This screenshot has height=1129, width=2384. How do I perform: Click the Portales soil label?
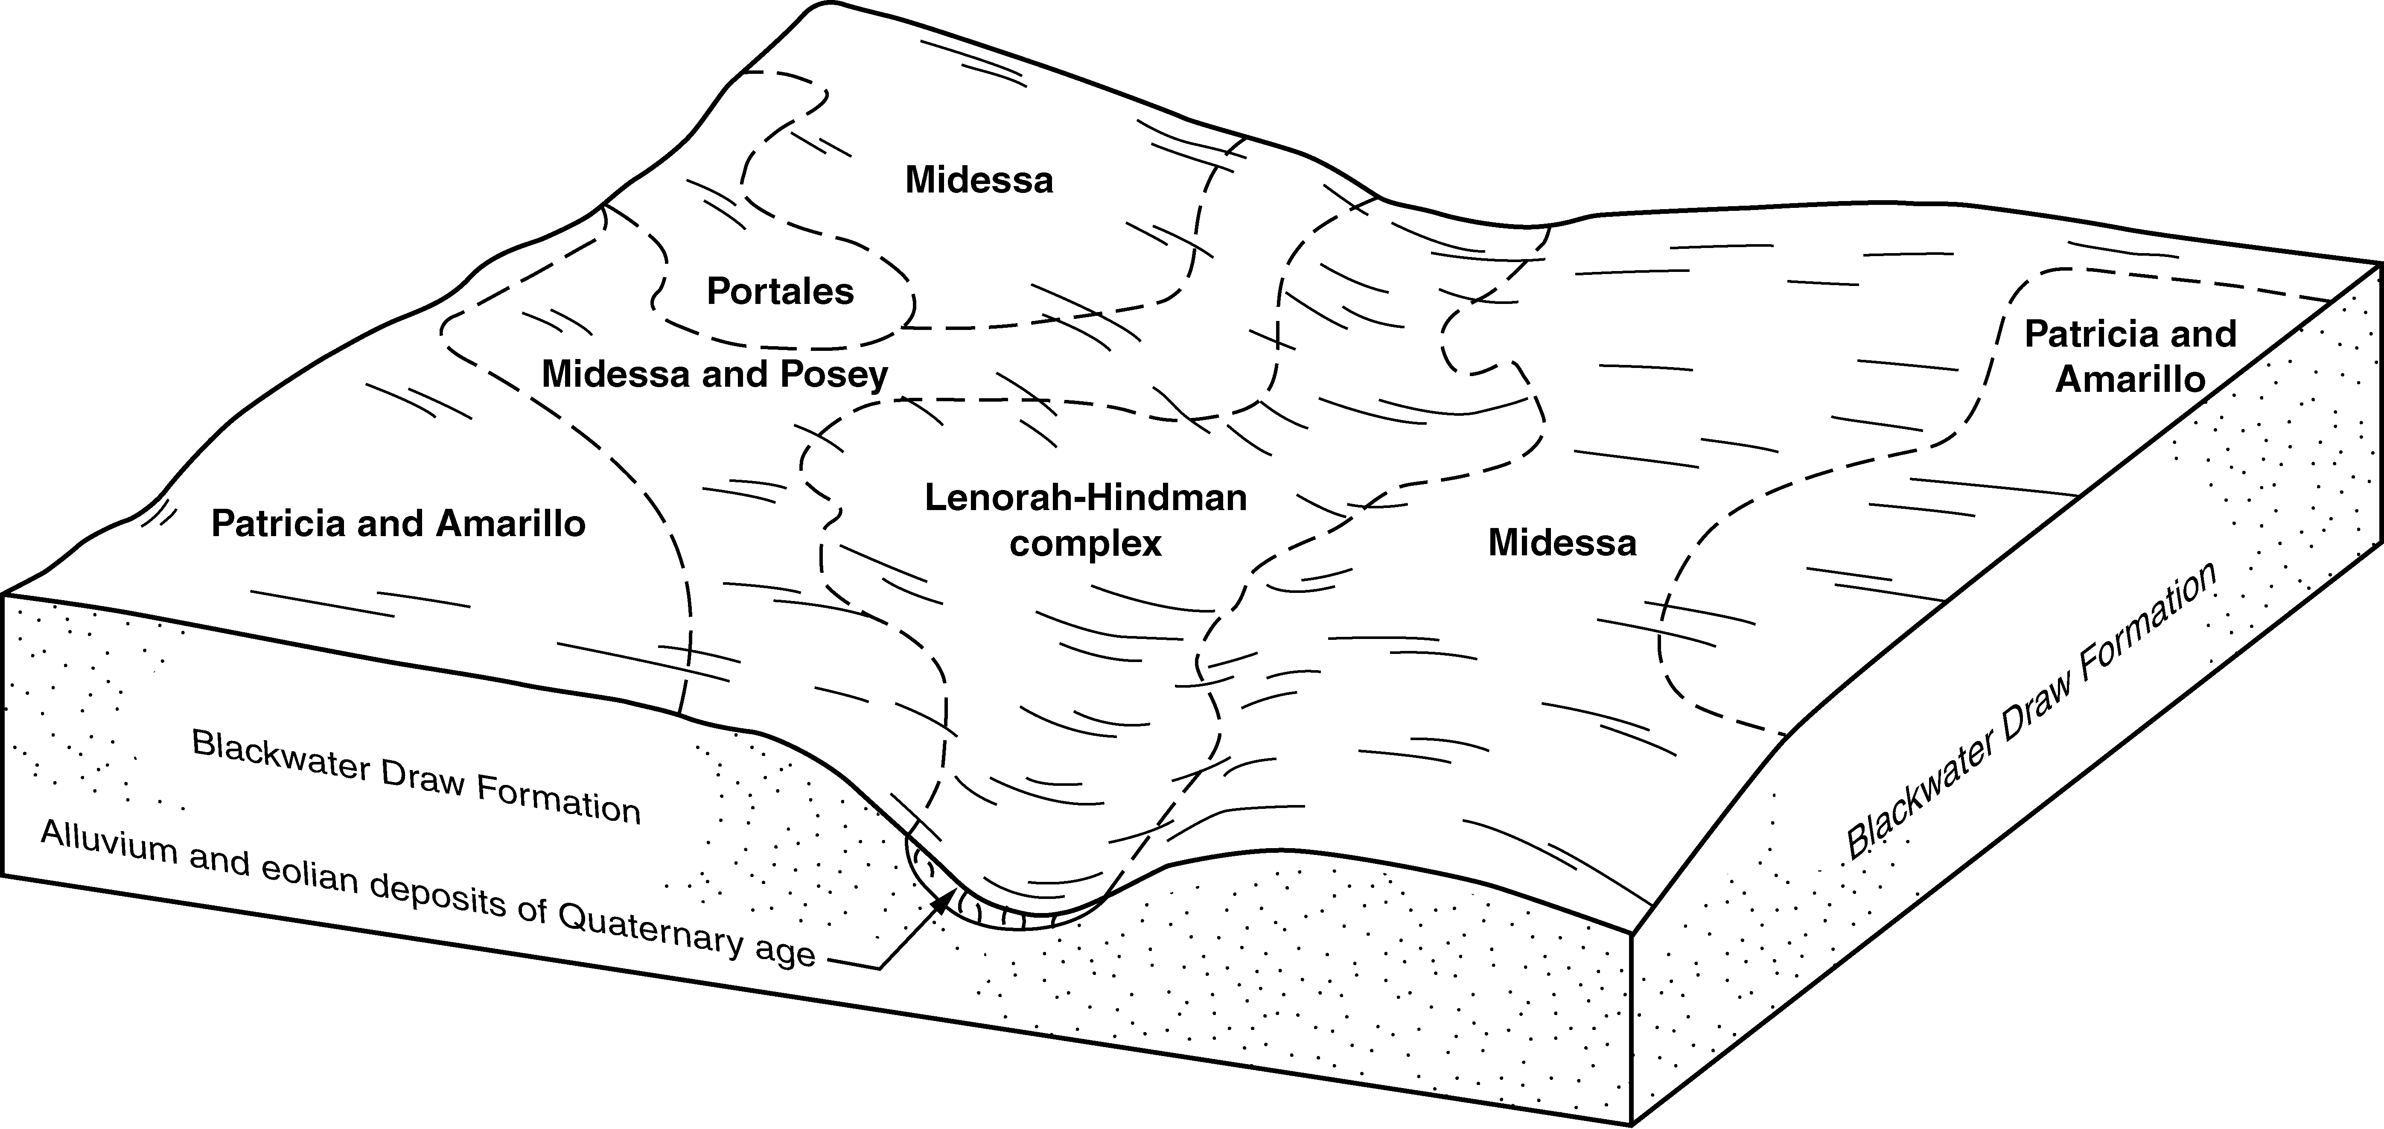click(780, 292)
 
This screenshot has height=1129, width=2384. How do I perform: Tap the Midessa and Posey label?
click(714, 374)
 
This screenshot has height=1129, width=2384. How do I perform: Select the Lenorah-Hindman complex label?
click(1086, 520)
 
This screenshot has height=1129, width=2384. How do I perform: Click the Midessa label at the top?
click(979, 180)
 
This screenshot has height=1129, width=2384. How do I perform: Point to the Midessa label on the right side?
click(1562, 542)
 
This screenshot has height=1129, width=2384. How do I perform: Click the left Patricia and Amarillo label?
click(398, 524)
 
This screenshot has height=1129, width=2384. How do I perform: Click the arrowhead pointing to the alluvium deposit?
click(943, 899)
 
